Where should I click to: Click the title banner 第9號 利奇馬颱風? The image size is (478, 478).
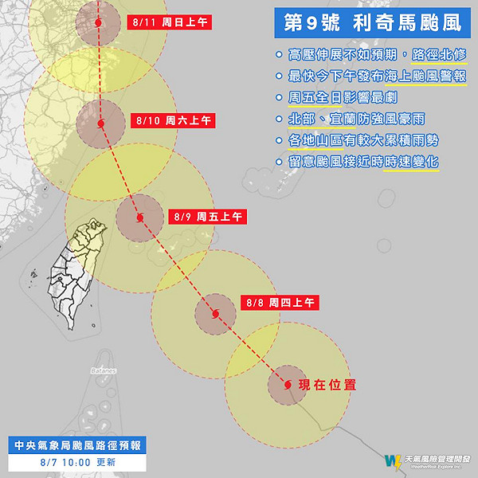coord(368,23)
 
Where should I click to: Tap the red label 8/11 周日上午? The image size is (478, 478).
coord(169,23)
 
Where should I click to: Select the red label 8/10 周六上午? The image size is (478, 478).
coord(173,120)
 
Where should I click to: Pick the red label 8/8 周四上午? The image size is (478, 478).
coord(280,303)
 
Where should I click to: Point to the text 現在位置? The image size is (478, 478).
coord(327,385)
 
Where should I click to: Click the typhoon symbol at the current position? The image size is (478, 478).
coord(287,385)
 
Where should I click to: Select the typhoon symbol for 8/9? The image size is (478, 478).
coord(140,217)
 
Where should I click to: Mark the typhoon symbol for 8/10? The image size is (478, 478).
coord(100,123)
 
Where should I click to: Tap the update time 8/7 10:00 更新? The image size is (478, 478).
coord(76,461)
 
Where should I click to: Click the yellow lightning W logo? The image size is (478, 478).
coord(392,460)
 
